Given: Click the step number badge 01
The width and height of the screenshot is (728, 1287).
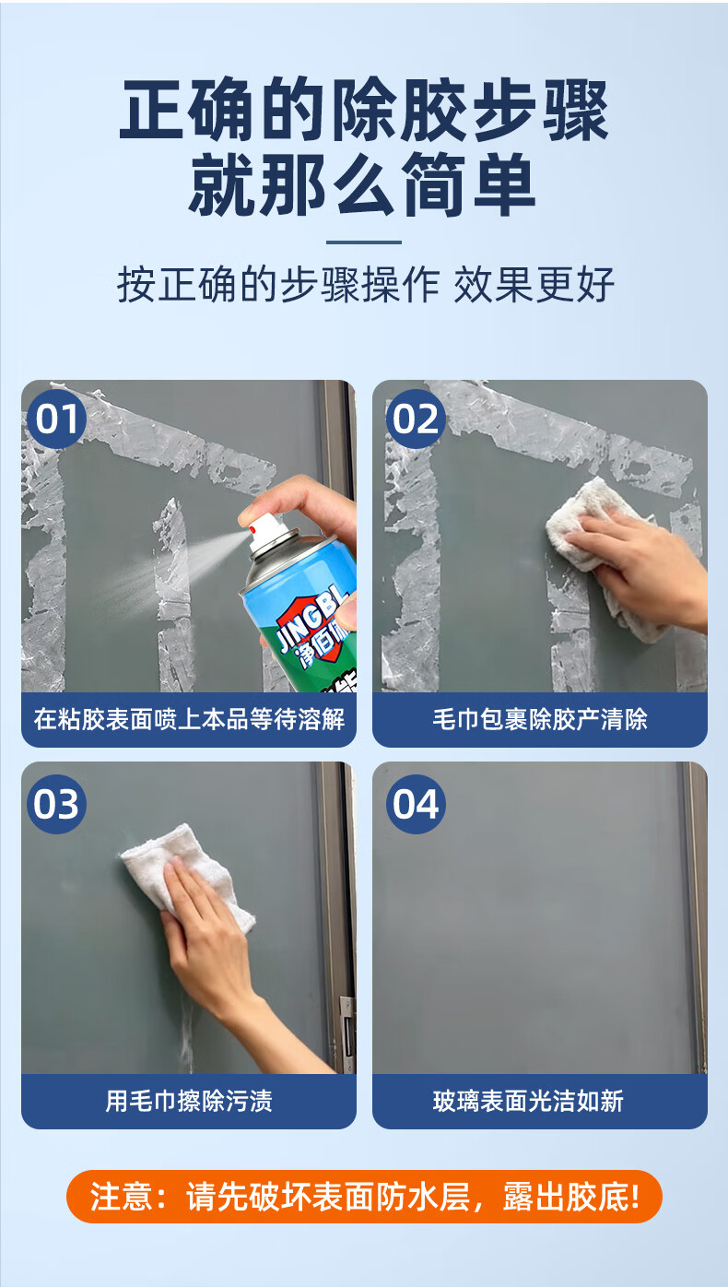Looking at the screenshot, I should tap(57, 419).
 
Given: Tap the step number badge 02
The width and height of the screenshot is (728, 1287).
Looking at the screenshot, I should tap(415, 419).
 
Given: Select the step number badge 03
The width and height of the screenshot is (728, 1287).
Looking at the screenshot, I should tap(57, 804).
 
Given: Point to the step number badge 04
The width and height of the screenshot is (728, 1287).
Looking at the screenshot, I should tap(415, 804).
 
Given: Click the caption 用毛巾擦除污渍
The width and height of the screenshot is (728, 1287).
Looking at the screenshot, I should tap(188, 1101).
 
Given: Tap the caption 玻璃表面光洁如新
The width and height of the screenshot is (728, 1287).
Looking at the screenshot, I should tap(540, 1101).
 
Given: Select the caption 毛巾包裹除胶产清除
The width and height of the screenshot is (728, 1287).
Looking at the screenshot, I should tap(540, 719).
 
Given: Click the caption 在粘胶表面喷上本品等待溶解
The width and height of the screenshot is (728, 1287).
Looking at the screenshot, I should tap(188, 719).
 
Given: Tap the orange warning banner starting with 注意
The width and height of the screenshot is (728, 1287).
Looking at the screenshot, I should tap(364, 1197).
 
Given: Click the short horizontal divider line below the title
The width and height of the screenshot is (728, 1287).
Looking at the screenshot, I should tap(364, 242).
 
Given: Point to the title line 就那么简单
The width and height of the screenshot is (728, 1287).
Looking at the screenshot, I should tap(364, 187).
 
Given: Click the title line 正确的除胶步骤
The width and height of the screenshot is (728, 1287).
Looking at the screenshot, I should tap(364, 112).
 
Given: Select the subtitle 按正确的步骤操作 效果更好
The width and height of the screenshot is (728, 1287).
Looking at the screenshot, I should tap(364, 286).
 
